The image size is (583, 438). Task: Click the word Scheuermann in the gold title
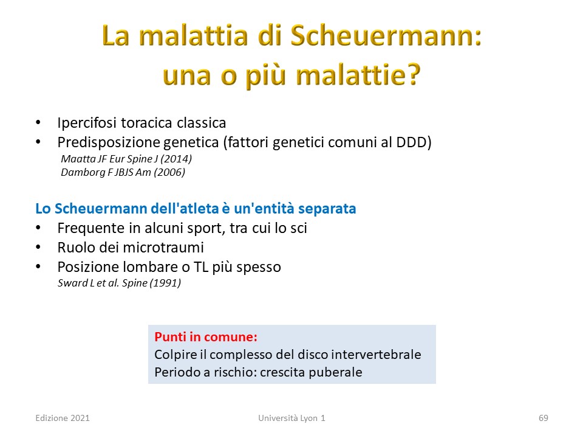point(386,36)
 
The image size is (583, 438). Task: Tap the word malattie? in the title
point(358,74)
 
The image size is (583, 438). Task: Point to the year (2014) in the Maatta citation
point(176,159)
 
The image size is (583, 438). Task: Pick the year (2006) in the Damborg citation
point(169,172)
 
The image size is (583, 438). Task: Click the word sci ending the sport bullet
point(299,228)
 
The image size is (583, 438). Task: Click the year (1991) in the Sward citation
point(165,283)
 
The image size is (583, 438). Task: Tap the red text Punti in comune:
point(206,337)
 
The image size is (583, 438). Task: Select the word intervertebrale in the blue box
point(376,355)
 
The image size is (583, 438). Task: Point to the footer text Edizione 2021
point(63,419)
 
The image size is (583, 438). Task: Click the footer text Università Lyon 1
point(292,419)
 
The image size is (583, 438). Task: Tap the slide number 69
point(543,419)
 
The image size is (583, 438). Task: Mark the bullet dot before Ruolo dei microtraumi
point(38,247)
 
